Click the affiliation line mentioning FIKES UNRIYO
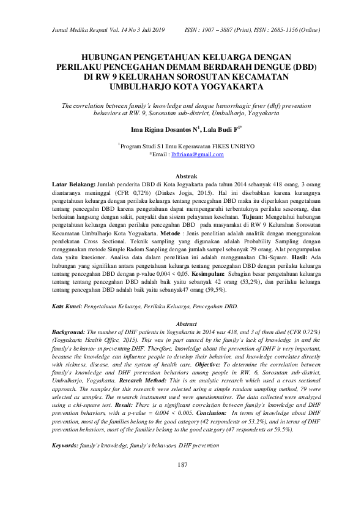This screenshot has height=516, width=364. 182,146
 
